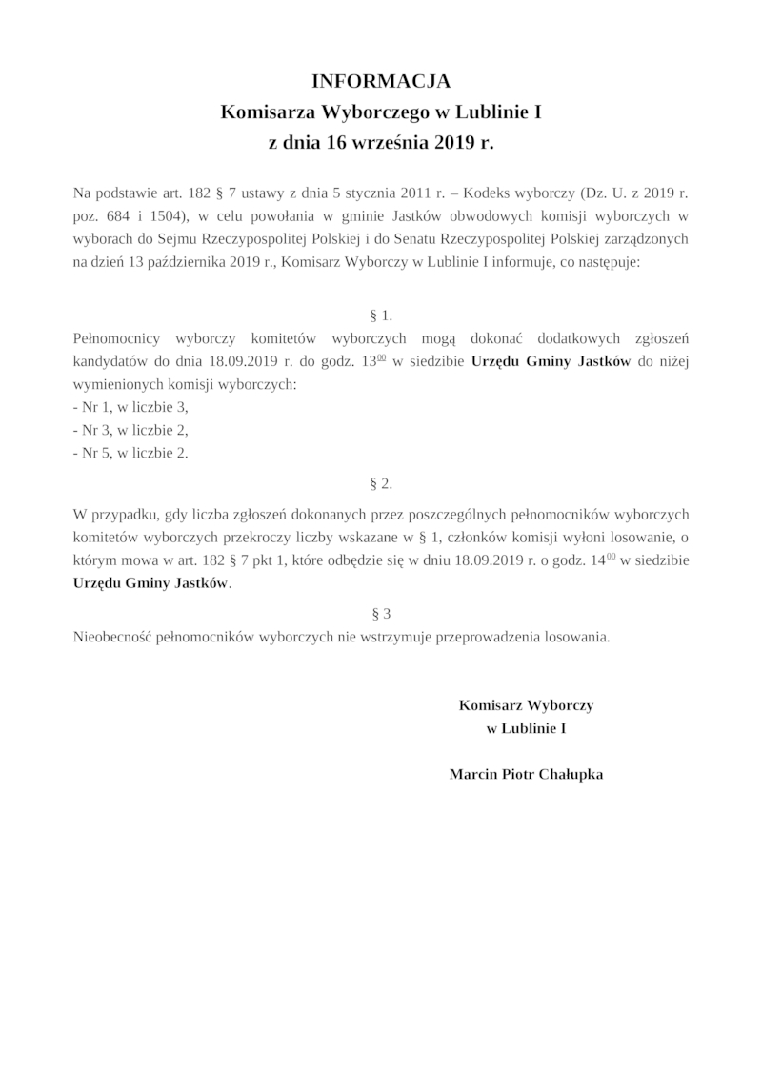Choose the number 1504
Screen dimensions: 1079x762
pos(169,215)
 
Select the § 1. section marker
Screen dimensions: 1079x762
pos(380,315)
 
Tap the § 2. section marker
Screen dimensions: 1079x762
pos(380,484)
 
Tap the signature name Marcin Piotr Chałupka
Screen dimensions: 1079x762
pos(526,774)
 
